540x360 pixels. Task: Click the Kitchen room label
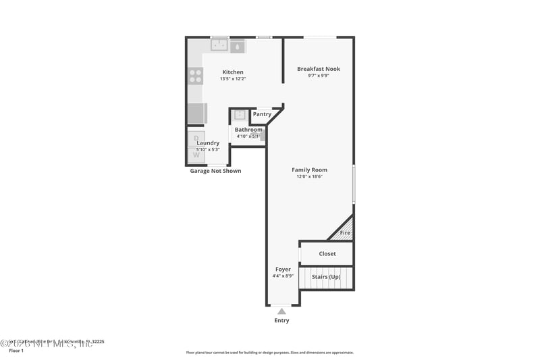tap(233, 72)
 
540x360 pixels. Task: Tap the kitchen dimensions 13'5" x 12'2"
tap(233, 79)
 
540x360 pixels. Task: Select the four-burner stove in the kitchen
tap(195, 76)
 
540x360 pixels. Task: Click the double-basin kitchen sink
tap(219, 46)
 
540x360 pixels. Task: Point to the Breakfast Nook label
tap(319, 69)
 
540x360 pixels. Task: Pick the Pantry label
tap(262, 114)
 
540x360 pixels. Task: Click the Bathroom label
tap(248, 130)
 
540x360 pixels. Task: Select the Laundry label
tap(208, 143)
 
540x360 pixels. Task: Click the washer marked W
tap(196, 155)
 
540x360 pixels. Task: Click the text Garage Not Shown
tap(215, 171)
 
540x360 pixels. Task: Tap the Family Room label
tap(309, 170)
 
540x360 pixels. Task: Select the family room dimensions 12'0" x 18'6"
tap(309, 177)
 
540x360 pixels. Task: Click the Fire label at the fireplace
tap(345, 233)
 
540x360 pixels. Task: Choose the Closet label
tap(327, 254)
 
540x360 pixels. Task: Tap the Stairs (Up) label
tap(326, 277)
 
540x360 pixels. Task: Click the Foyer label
tap(283, 269)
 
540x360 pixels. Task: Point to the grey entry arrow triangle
tap(281, 311)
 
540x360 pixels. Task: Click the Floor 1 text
tap(16, 351)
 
